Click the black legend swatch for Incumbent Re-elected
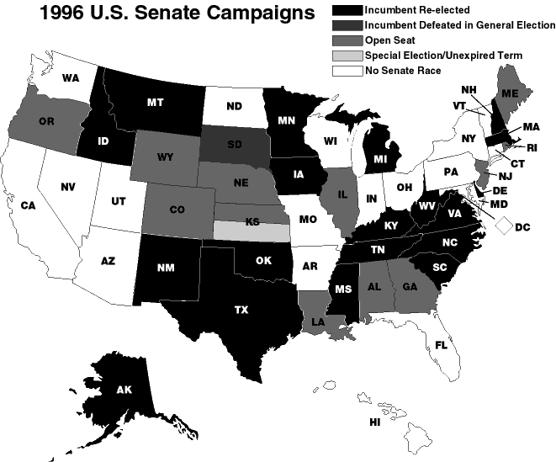click(346, 9)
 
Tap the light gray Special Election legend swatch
click(346, 56)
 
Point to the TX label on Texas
click(241, 310)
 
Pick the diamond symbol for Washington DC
click(505, 226)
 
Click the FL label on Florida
click(440, 344)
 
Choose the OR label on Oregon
click(46, 121)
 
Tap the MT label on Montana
click(154, 103)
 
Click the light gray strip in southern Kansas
click(251, 230)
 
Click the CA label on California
click(28, 204)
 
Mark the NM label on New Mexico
click(165, 268)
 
